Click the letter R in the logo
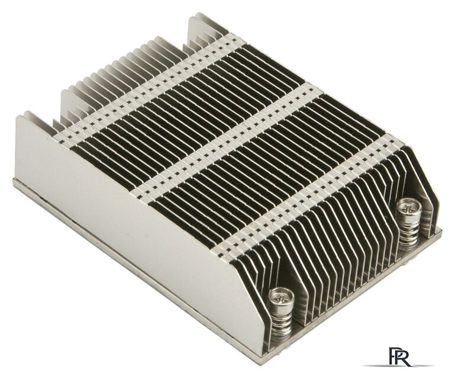coord(404,356)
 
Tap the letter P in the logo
coord(394,356)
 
